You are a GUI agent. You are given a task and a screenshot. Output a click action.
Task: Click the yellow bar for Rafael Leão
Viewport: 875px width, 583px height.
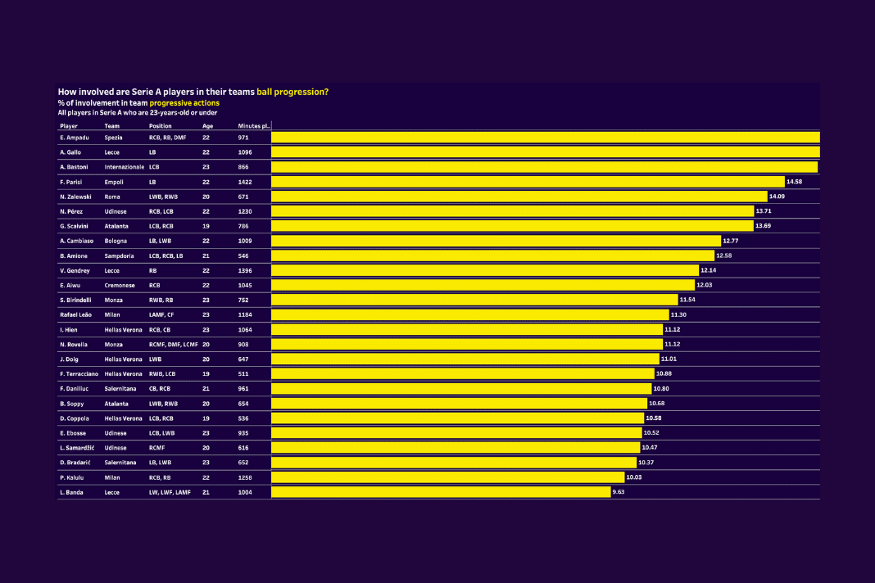469,314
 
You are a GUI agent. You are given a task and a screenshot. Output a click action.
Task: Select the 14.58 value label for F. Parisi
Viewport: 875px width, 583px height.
794,181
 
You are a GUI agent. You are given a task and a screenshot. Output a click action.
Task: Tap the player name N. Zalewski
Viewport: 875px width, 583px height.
75,196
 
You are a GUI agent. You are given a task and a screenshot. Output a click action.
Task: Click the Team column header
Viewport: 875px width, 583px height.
112,126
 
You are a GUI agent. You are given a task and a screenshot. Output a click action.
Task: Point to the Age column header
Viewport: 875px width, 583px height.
207,126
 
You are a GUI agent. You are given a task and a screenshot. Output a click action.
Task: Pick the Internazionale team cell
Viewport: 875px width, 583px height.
124,166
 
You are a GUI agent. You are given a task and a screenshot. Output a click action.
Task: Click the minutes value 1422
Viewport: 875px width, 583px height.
245,181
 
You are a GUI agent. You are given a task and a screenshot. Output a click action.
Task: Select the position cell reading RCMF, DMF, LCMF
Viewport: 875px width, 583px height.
174,344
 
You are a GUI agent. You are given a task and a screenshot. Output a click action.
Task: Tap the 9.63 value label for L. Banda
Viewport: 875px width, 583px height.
619,492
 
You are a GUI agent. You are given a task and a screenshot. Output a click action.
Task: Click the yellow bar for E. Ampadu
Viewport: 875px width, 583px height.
545,138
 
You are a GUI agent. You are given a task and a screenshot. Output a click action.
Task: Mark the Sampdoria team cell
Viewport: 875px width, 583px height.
119,255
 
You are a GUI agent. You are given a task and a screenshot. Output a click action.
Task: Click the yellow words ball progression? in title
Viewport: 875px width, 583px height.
292,92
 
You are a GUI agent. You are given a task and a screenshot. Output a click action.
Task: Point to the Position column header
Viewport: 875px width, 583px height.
161,126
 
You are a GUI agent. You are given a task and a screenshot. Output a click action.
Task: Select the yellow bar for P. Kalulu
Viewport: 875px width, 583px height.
447,477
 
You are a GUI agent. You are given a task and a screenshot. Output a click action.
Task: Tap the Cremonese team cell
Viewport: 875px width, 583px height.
120,285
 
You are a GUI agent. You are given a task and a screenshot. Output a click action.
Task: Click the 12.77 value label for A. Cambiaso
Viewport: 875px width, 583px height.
732,241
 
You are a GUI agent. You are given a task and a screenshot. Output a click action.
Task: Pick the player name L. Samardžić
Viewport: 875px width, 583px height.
79,448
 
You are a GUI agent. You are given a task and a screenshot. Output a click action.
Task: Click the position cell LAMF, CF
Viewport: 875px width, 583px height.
162,314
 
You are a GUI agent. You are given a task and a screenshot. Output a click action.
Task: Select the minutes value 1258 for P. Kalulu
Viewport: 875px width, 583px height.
245,477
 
